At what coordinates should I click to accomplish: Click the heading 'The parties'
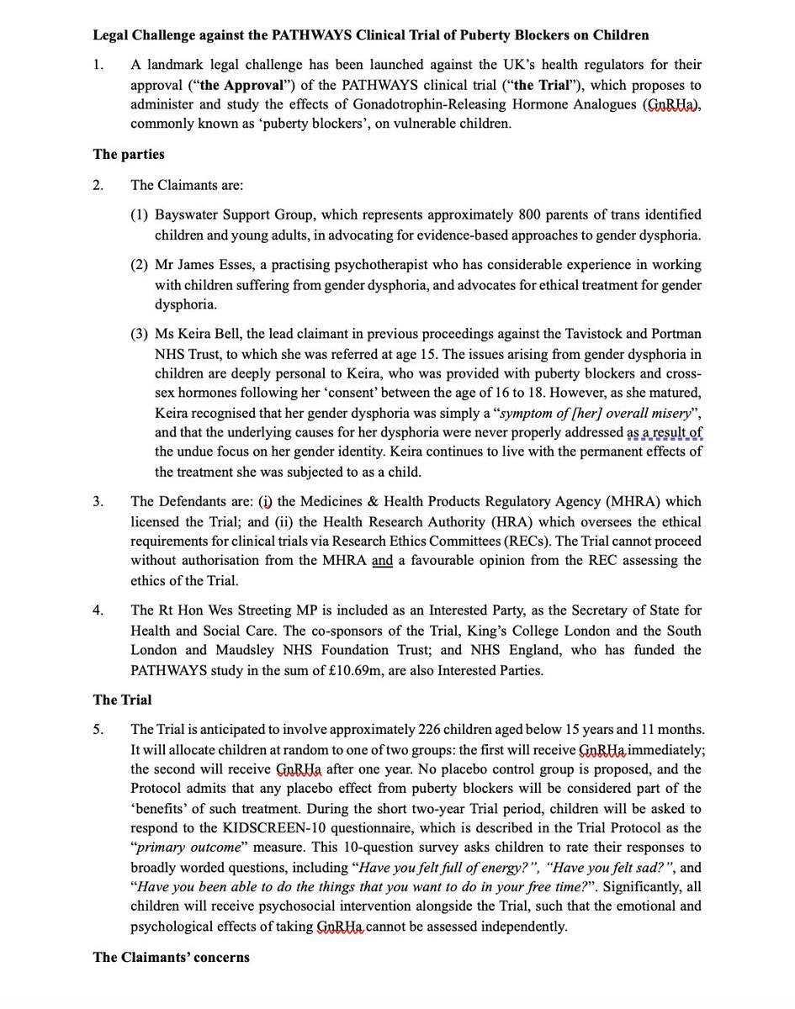click(x=130, y=154)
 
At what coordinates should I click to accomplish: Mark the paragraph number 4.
click(x=98, y=610)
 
